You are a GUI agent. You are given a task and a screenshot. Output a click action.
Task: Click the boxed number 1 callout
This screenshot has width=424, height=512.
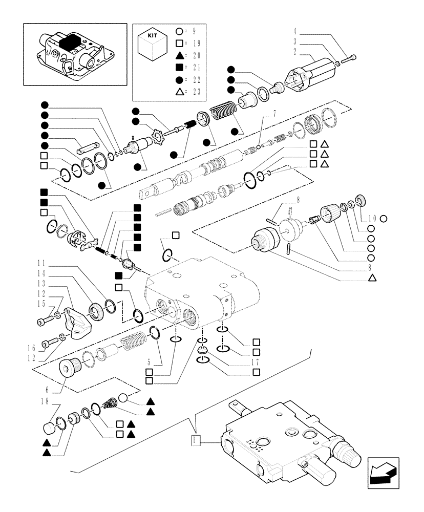(195, 440)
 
